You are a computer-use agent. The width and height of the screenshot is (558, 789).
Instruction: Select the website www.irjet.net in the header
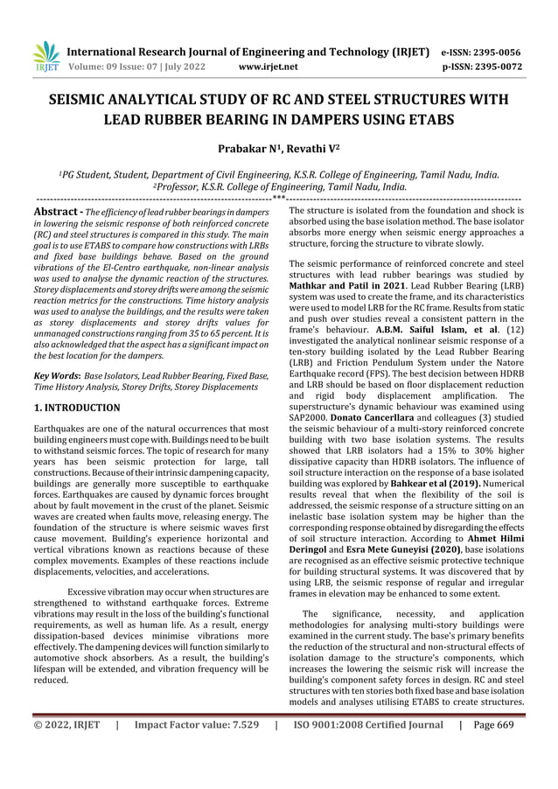(x=268, y=66)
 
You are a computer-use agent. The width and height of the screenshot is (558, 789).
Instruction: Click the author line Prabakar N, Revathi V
(x=279, y=150)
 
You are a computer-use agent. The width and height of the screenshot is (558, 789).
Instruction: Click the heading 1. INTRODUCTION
(x=76, y=408)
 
